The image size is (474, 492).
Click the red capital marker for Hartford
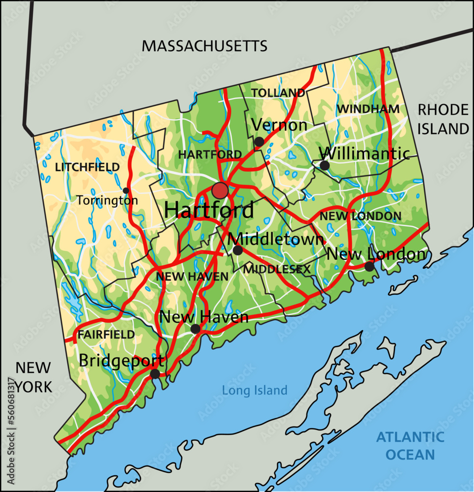pyautogui.click(x=220, y=190)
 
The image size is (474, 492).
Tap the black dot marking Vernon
pyautogui.click(x=259, y=142)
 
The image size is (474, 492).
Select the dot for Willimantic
pyautogui.click(x=324, y=165)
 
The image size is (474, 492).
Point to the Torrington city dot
pyautogui.click(x=126, y=190)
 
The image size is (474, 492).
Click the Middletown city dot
pyautogui.click(x=238, y=250)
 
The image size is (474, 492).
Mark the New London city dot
pyautogui.click(x=369, y=267)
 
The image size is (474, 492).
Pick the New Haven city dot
pyautogui.click(x=195, y=329)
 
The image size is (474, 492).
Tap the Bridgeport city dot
pyautogui.click(x=155, y=374)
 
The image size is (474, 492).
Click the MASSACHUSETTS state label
pyautogui.click(x=204, y=46)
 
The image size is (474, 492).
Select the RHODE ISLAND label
pyautogui.click(x=443, y=119)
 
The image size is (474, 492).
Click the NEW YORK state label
pyautogui.click(x=33, y=377)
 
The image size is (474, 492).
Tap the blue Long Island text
pyautogui.click(x=254, y=391)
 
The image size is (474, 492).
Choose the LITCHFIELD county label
pyautogui.click(x=87, y=167)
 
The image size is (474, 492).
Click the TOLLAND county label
pyautogui.click(x=278, y=92)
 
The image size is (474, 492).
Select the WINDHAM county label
pyautogui.click(x=368, y=109)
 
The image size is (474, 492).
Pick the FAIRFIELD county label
pyautogui.click(x=106, y=335)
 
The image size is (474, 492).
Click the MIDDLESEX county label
pyautogui.click(x=278, y=269)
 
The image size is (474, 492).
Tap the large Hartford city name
pyautogui.click(x=209, y=211)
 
